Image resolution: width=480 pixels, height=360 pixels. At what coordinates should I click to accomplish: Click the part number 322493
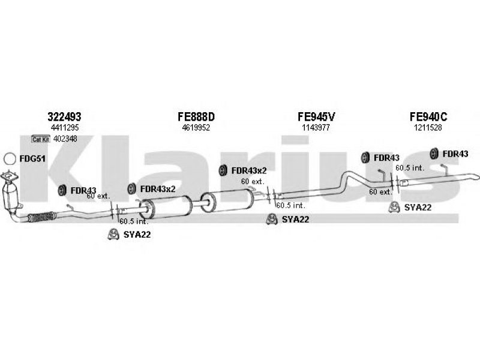64,117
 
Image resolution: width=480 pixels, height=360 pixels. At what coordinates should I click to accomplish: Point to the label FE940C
428,117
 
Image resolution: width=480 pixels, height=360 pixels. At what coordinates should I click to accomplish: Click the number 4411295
64,128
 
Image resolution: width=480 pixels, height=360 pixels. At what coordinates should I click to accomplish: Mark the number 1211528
428,128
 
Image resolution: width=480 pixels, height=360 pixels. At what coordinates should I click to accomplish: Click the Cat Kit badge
40,139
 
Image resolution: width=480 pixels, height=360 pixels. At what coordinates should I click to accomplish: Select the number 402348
65,139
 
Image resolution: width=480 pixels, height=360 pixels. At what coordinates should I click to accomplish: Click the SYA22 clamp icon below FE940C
394,208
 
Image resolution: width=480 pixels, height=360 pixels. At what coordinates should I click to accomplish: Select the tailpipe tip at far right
474,178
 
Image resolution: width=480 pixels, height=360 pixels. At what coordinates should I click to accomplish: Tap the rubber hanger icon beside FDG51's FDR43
61,191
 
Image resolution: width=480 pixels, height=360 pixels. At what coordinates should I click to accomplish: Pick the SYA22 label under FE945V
295,220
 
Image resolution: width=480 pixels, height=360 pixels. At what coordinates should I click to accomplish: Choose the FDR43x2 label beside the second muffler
248,170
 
